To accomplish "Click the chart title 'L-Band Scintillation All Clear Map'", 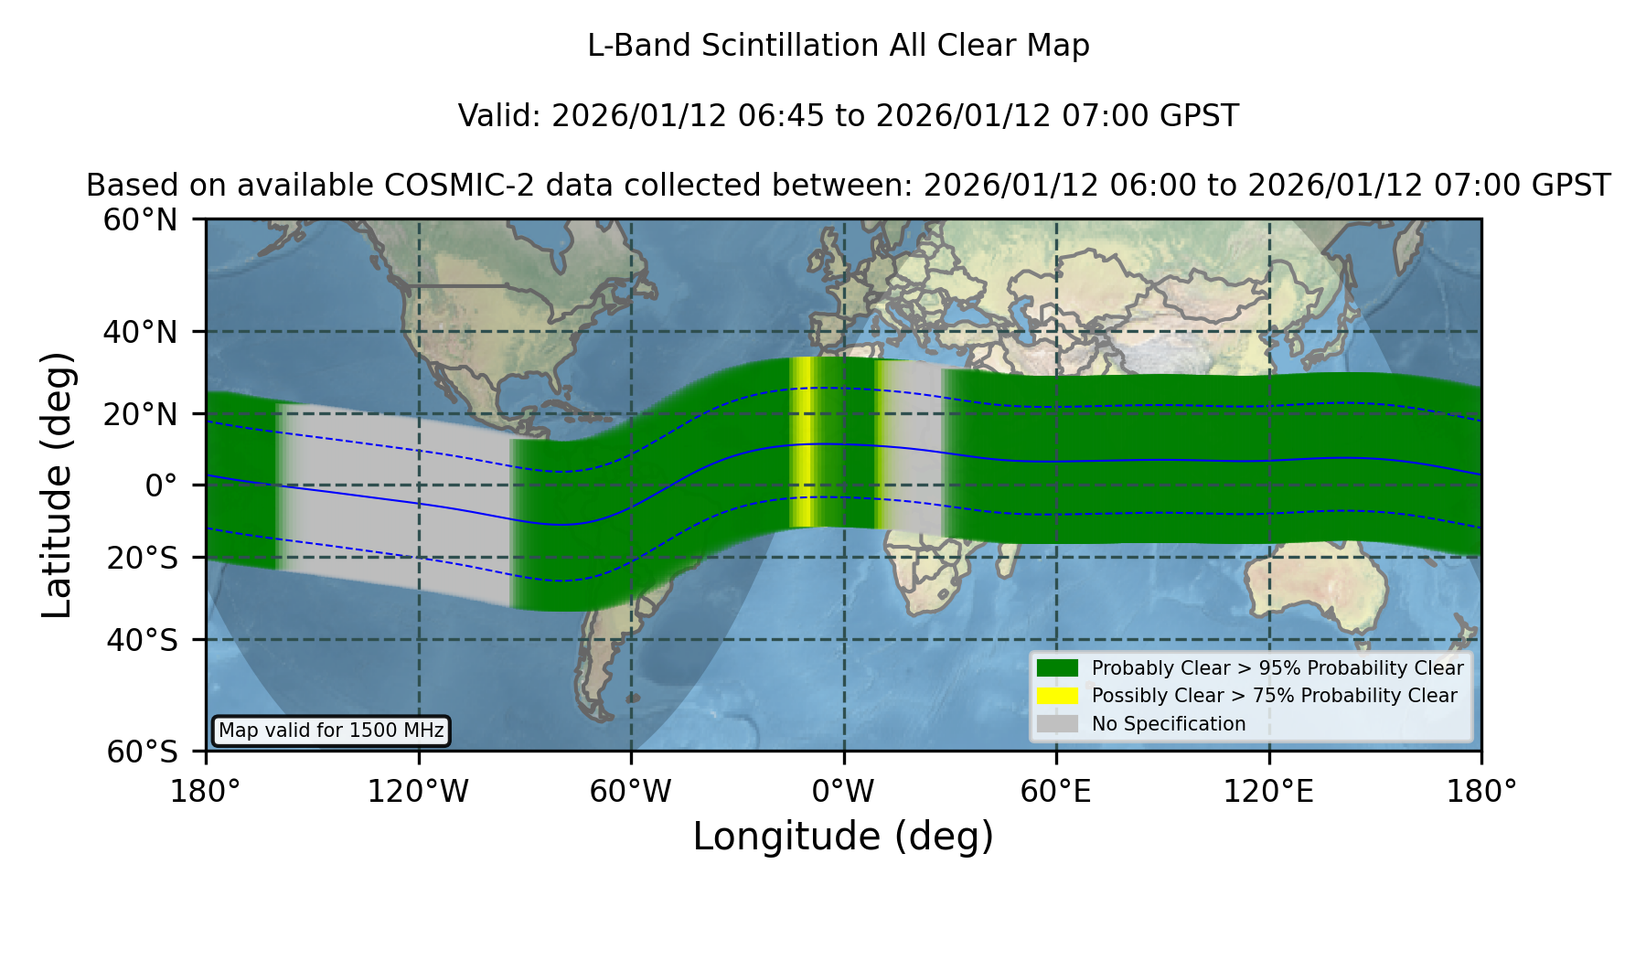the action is pyautogui.click(x=838, y=46).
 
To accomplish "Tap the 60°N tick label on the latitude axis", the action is pyautogui.click(x=141, y=220).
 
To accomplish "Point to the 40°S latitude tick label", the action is pyautogui.click(x=143, y=640).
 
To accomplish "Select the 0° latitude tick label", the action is pyautogui.click(x=162, y=485).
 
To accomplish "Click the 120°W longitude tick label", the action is pyautogui.click(x=418, y=792).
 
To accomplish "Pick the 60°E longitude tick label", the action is pyautogui.click(x=1056, y=792).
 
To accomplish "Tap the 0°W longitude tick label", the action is pyautogui.click(x=843, y=792).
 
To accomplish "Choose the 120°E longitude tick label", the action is pyautogui.click(x=1268, y=792).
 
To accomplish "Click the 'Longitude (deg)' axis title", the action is pyautogui.click(x=843, y=837).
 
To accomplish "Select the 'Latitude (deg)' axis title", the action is pyautogui.click(x=58, y=485).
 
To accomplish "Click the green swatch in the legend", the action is pyautogui.click(x=1057, y=667).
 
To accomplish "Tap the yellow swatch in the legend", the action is pyautogui.click(x=1057, y=696).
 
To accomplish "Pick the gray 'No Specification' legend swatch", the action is pyautogui.click(x=1057, y=724).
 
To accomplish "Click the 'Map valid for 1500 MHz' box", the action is pyautogui.click(x=331, y=731).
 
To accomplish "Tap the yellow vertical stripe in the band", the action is pyautogui.click(x=803, y=443).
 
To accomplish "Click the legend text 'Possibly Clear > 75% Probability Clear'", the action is pyautogui.click(x=1274, y=696).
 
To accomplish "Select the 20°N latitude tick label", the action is pyautogui.click(x=141, y=414).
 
